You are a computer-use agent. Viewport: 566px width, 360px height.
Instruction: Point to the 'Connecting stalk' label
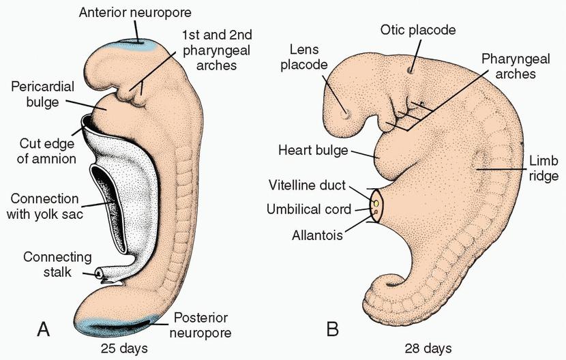tap(57, 264)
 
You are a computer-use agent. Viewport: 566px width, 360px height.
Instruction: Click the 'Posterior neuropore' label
tap(202, 325)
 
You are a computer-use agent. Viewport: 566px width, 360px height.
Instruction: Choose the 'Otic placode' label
tap(417, 30)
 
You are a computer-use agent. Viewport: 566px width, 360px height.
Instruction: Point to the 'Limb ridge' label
tap(543, 168)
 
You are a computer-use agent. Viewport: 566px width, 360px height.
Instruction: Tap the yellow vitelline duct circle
tap(376, 203)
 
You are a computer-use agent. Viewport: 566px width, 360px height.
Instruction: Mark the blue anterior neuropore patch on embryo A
tap(138, 42)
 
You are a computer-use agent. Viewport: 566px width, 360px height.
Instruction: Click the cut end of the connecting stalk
tap(99, 274)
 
